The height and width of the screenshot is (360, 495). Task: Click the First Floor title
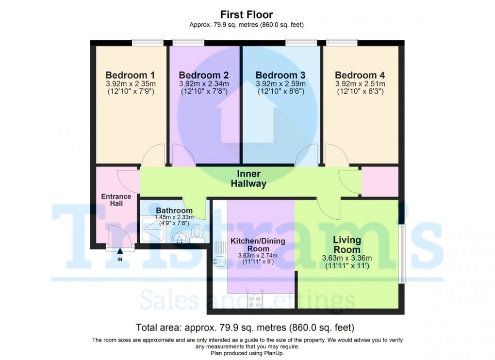[x=247, y=15]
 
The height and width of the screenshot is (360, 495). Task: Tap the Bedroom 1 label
[x=130, y=75]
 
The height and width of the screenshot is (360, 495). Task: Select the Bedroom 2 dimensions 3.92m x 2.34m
[x=204, y=83]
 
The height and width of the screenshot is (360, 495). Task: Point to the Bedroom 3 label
[x=280, y=75]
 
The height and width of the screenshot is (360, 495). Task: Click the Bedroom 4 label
[x=360, y=75]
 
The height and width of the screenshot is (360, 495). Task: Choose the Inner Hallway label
[x=248, y=179]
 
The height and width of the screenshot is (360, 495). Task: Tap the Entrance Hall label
[x=116, y=200]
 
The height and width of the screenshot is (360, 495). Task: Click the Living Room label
[x=347, y=245]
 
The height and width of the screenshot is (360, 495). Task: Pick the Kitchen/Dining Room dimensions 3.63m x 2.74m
[x=257, y=256]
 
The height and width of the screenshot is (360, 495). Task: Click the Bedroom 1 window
[x=147, y=43]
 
